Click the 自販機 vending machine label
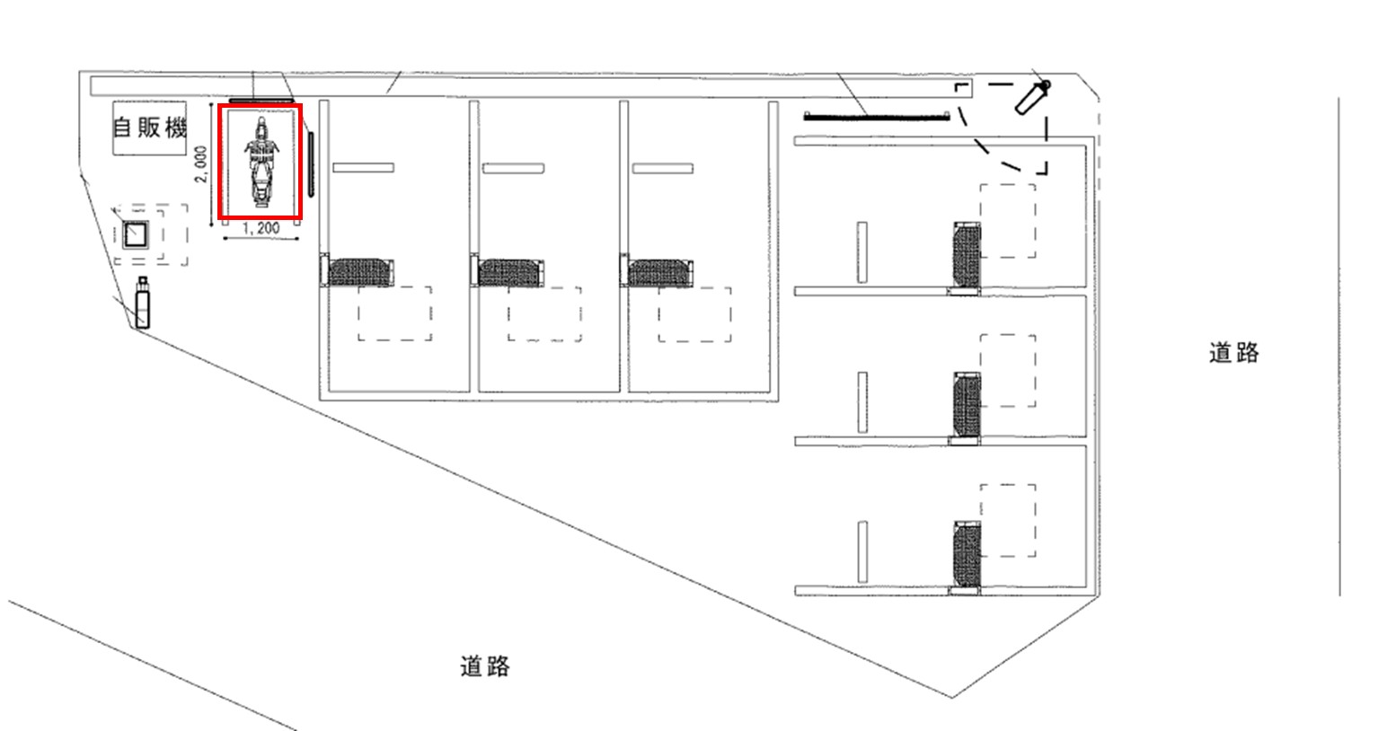(149, 128)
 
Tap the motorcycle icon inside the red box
(261, 163)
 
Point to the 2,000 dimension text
(202, 163)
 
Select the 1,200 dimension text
(261, 229)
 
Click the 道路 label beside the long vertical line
(1233, 353)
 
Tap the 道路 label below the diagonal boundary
(485, 666)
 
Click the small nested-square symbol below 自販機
(136, 234)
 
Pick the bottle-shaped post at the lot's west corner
(142, 303)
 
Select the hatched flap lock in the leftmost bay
(360, 272)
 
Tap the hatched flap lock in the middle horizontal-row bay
(510, 272)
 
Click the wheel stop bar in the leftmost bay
(363, 167)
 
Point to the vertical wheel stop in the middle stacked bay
(862, 402)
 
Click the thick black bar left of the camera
(877, 115)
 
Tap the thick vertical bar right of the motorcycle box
(311, 163)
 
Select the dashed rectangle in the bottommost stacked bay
(1008, 520)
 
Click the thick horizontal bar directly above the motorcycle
(261, 100)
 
